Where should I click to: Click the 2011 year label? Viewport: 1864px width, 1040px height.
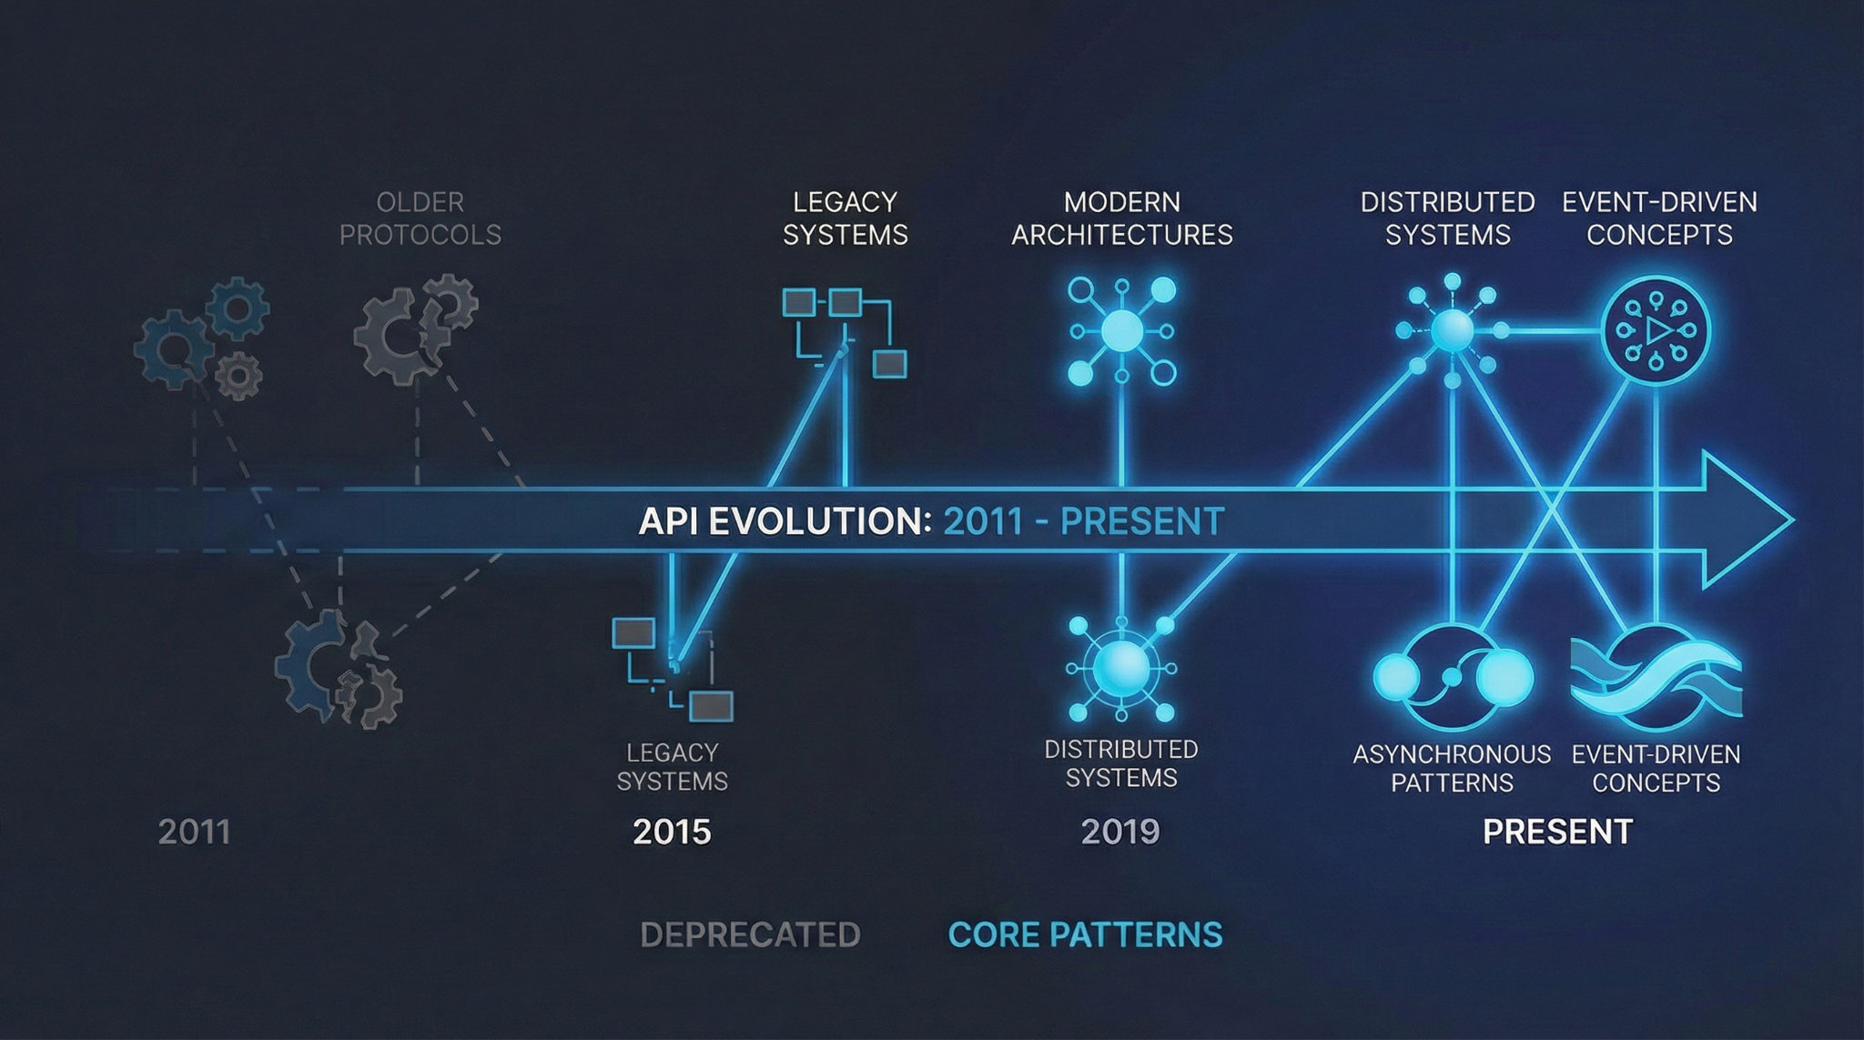tap(194, 832)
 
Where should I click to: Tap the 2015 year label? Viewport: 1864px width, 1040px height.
tap(672, 832)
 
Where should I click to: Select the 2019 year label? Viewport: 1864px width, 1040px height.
tap(1120, 832)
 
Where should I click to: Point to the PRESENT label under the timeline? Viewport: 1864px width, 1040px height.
tap(1557, 832)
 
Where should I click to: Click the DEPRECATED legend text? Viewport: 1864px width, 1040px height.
tap(750, 934)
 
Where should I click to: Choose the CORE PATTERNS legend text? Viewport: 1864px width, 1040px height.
tap(1085, 934)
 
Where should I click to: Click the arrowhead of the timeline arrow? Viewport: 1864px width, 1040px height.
tap(1747, 520)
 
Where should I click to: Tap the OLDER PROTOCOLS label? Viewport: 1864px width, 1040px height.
tap(420, 218)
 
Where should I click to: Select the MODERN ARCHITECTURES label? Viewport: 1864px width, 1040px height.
tap(1122, 218)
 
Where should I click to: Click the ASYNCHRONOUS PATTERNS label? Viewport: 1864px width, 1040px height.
tap(1452, 768)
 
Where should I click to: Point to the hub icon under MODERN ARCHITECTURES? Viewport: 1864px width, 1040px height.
tap(1121, 332)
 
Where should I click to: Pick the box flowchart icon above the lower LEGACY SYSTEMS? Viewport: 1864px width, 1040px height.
tap(673, 667)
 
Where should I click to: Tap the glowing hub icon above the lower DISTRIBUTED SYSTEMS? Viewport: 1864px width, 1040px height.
tap(1121, 669)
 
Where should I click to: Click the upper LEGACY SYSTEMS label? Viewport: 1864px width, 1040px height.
tap(846, 218)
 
